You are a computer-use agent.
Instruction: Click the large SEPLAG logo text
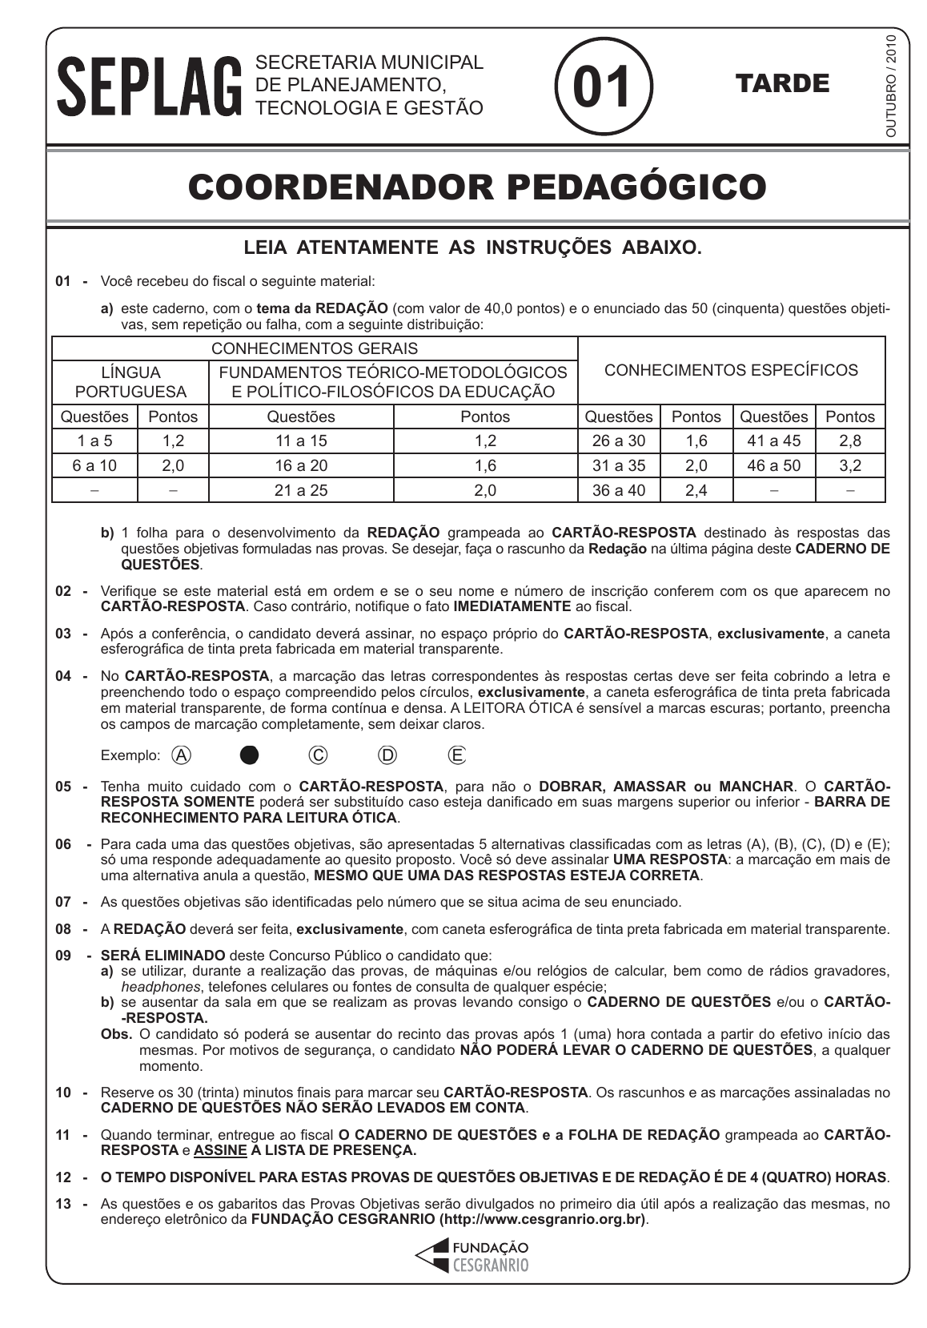click(149, 85)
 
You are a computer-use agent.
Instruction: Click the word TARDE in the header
click(781, 84)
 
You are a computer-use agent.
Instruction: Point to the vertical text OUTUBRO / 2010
click(892, 86)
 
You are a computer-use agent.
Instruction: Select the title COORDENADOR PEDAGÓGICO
click(477, 187)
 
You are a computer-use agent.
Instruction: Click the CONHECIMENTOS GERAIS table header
click(314, 348)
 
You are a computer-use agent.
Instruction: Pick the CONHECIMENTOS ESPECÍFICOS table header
click(731, 370)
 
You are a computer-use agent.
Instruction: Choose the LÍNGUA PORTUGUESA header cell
click(130, 382)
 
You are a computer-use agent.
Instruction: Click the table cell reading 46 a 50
click(773, 465)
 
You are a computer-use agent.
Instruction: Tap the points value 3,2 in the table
click(850, 465)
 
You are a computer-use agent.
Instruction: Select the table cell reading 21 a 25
click(301, 490)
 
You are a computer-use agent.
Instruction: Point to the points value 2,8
click(850, 441)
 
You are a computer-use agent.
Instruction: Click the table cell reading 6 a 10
click(94, 465)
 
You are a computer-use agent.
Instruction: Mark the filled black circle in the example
click(250, 755)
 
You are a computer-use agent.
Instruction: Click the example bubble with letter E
click(457, 755)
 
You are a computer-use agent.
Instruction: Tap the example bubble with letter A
click(182, 755)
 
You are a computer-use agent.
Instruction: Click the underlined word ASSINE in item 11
click(220, 1151)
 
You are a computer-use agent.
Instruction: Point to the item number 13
click(64, 1203)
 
